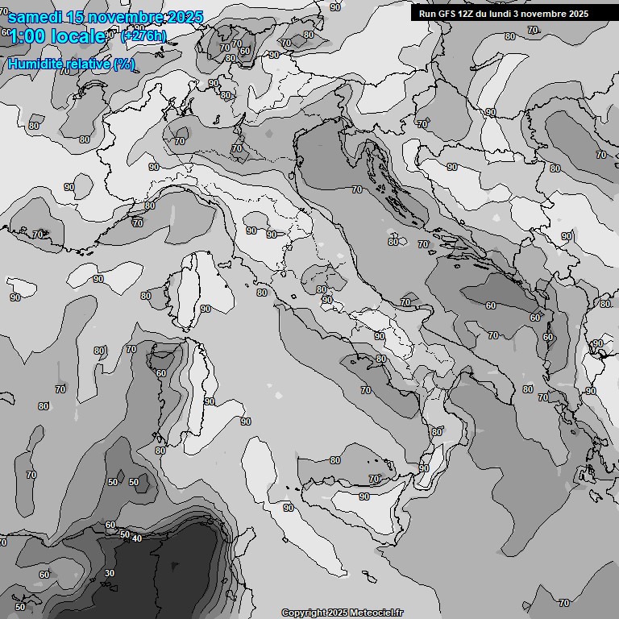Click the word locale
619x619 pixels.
(77, 36)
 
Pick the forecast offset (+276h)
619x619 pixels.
(143, 36)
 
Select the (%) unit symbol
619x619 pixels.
(124, 64)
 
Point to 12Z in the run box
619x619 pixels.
(470, 14)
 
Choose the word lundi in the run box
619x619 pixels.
(510, 14)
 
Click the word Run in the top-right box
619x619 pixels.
(428, 14)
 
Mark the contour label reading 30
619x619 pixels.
(110, 573)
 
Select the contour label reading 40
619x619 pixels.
(137, 538)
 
